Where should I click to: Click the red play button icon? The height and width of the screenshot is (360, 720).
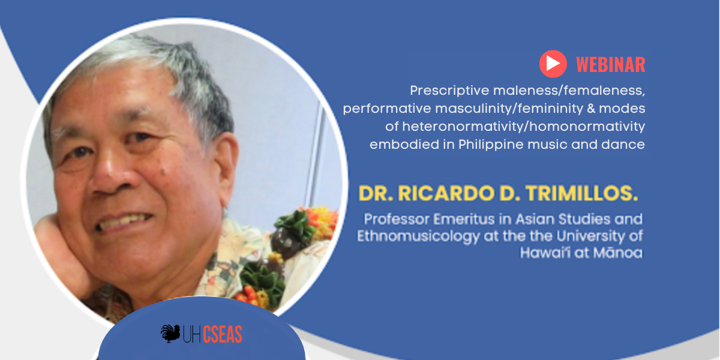click(x=553, y=64)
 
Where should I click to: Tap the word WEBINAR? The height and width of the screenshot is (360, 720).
click(x=610, y=65)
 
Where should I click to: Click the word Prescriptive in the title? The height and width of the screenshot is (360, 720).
click(x=449, y=91)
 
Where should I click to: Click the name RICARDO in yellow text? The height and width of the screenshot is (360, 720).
click(x=446, y=193)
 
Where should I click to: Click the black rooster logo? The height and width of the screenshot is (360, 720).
click(x=170, y=334)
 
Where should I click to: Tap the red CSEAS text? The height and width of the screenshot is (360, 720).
click(x=223, y=334)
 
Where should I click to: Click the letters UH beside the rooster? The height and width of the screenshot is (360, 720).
click(x=192, y=335)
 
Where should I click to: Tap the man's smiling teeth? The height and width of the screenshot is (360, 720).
click(x=124, y=222)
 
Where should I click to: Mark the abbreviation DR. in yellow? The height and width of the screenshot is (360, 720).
click(x=376, y=193)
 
